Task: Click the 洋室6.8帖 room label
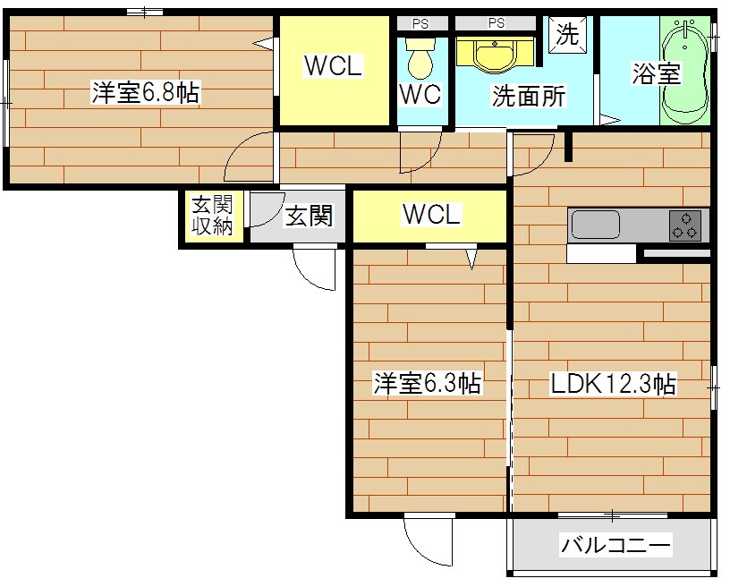(x=145, y=93)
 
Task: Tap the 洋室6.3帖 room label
(x=427, y=385)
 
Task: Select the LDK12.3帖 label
(x=612, y=385)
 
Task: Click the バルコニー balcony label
(x=615, y=545)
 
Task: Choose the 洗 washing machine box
(x=568, y=35)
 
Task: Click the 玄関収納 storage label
(x=212, y=216)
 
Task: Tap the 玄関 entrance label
(x=309, y=216)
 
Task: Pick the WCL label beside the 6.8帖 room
(x=333, y=66)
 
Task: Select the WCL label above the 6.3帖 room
(x=431, y=215)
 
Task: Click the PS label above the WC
(x=420, y=23)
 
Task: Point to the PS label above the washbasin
(x=497, y=23)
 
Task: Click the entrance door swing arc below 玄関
(x=315, y=271)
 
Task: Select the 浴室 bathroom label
(x=656, y=73)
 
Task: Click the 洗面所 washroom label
(x=528, y=96)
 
